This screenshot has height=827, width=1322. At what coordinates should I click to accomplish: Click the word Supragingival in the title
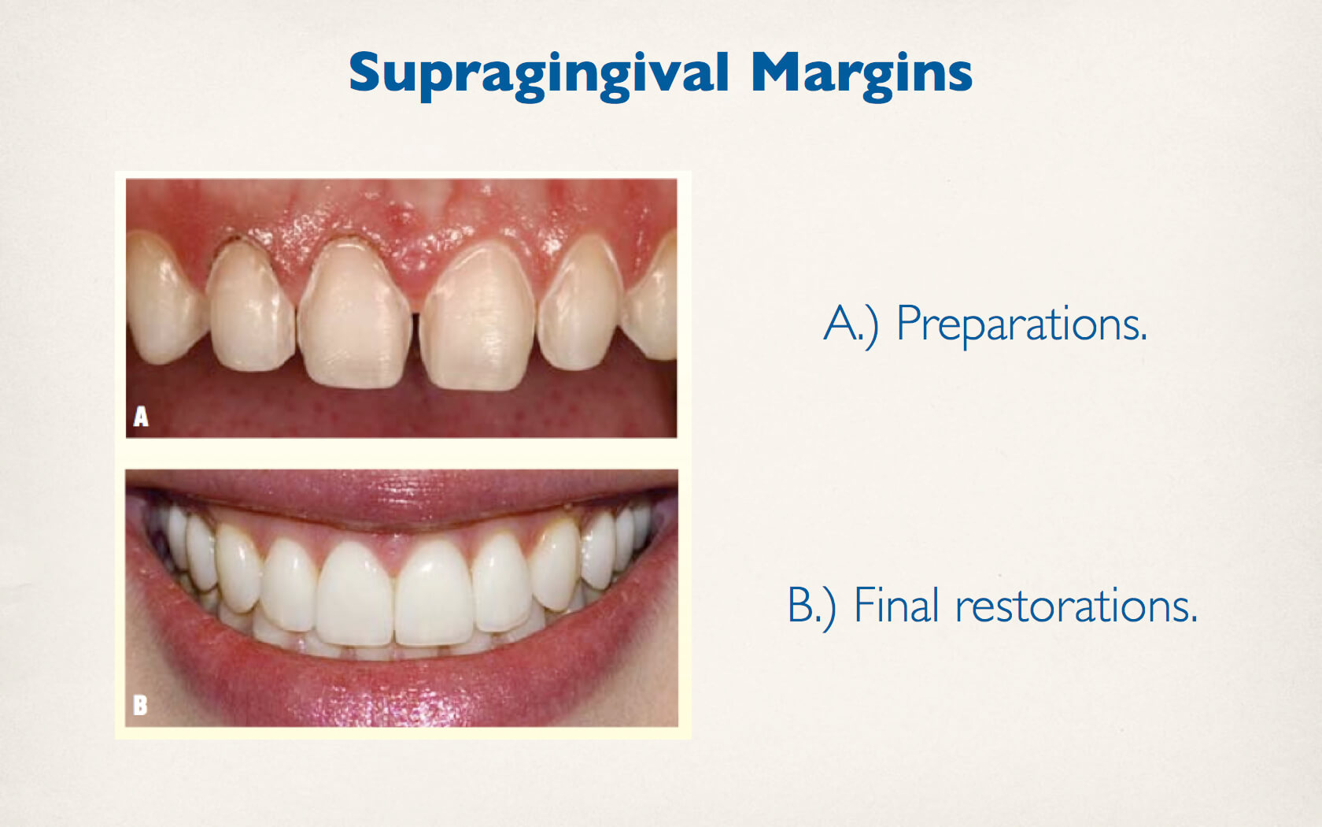pyautogui.click(x=539, y=75)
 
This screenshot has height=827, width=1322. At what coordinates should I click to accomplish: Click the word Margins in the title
pyautogui.click(x=861, y=75)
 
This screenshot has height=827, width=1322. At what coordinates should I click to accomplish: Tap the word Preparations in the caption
pyautogui.click(x=1021, y=324)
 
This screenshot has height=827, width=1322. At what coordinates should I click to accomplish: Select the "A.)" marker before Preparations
pyautogui.click(x=851, y=324)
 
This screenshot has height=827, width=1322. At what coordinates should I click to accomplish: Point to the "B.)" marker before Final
pyautogui.click(x=811, y=606)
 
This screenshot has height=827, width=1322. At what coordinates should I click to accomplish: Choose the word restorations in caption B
pyautogui.click(x=1076, y=606)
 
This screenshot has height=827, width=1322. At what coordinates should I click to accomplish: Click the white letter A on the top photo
pyautogui.click(x=141, y=417)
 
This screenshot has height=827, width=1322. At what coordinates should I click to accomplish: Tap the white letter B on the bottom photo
pyautogui.click(x=140, y=705)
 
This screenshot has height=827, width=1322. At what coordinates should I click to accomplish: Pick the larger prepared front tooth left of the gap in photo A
pyautogui.click(x=356, y=313)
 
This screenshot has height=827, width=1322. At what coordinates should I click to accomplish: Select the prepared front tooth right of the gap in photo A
pyautogui.click(x=478, y=317)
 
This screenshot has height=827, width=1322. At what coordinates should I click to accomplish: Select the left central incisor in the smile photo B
pyautogui.click(x=356, y=594)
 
